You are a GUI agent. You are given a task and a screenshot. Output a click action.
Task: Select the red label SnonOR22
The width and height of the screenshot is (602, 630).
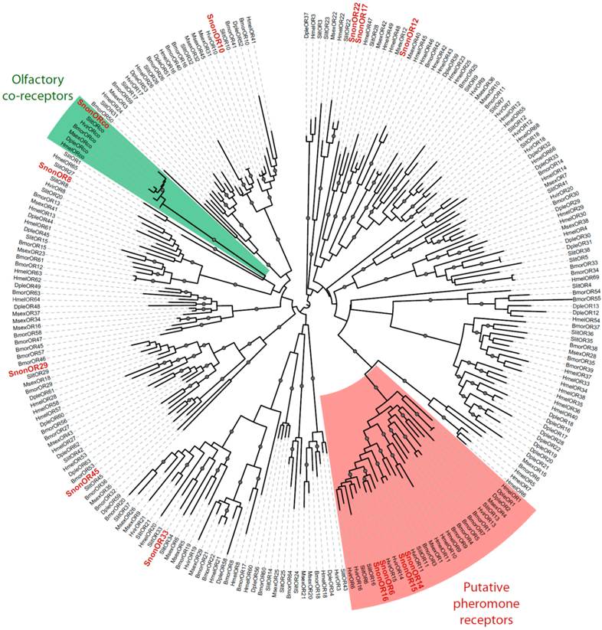pyautogui.click(x=355, y=22)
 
